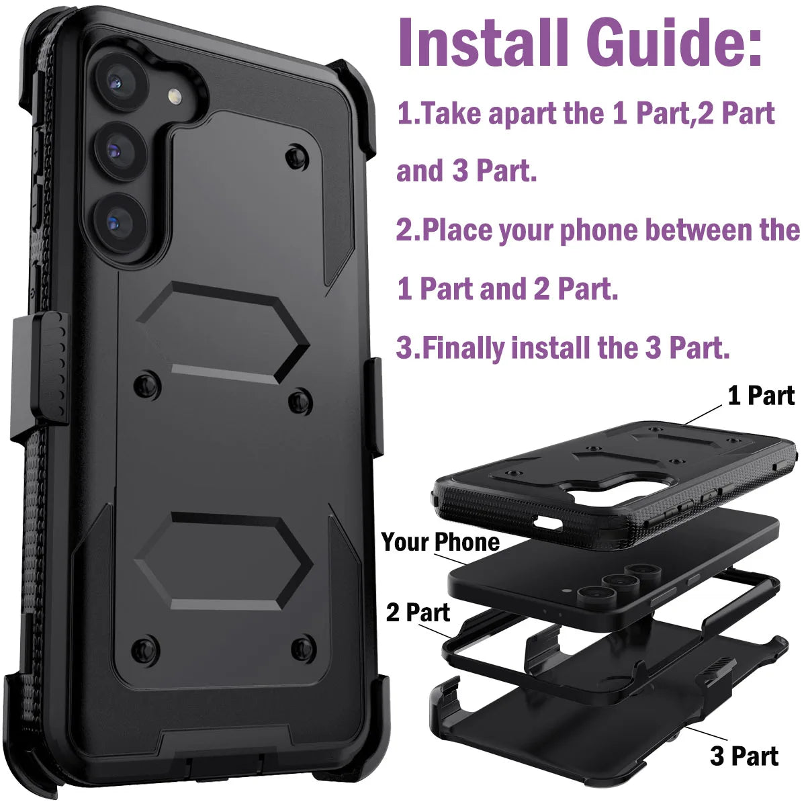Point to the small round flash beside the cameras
pos(177,97)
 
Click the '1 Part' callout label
pos(761,396)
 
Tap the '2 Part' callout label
pos(418,612)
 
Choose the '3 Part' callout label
pos(744,756)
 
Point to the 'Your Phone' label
pos(440,541)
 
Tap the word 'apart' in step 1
pos(524,114)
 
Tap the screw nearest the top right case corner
pos(296,157)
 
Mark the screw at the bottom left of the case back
pos(145,648)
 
